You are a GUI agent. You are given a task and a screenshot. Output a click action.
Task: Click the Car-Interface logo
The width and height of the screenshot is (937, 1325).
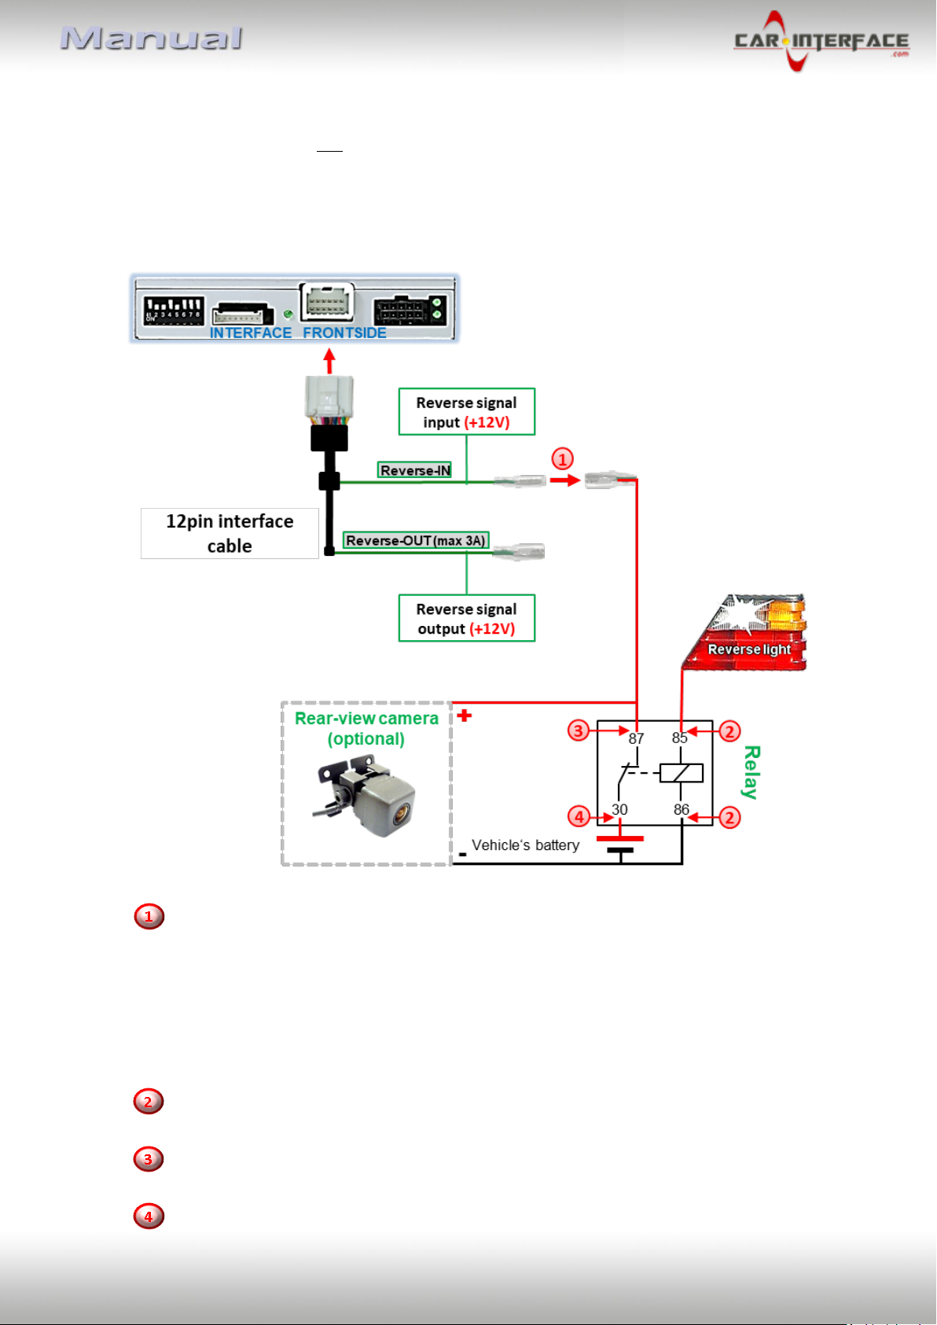click(x=821, y=41)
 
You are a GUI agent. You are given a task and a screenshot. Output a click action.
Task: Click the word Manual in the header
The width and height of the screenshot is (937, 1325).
click(x=152, y=39)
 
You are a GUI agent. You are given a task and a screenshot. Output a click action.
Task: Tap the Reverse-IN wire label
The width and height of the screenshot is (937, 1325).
click(x=414, y=470)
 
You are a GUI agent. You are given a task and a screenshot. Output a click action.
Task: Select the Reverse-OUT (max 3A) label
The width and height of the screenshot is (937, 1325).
click(x=416, y=540)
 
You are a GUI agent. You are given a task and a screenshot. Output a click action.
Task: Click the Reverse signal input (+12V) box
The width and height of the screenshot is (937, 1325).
click(x=466, y=412)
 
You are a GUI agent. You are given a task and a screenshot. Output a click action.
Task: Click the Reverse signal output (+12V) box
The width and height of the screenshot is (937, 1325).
click(x=466, y=618)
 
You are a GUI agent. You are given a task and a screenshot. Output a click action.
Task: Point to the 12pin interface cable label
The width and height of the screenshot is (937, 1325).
click(x=230, y=534)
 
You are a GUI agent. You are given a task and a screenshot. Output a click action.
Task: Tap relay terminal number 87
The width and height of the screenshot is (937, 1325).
click(x=636, y=738)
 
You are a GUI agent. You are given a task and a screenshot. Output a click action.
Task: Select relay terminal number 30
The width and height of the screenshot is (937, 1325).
click(x=619, y=809)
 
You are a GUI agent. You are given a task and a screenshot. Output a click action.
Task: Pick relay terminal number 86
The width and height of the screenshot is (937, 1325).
click(x=681, y=809)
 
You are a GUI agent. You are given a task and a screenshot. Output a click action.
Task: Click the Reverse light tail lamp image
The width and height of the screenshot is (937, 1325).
click(x=746, y=632)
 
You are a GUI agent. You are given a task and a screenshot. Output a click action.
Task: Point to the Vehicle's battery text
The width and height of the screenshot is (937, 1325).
click(x=525, y=845)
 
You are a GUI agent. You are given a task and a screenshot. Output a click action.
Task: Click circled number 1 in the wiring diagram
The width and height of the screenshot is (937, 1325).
click(x=562, y=459)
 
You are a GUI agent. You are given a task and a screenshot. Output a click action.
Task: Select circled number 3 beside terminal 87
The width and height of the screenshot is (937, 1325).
click(x=579, y=731)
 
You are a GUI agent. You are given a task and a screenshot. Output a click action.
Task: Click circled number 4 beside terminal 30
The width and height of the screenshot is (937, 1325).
click(x=579, y=817)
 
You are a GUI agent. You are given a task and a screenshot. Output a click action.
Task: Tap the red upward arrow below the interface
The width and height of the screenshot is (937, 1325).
click(x=329, y=361)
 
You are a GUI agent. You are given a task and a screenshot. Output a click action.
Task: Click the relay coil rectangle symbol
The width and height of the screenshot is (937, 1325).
click(x=681, y=773)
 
